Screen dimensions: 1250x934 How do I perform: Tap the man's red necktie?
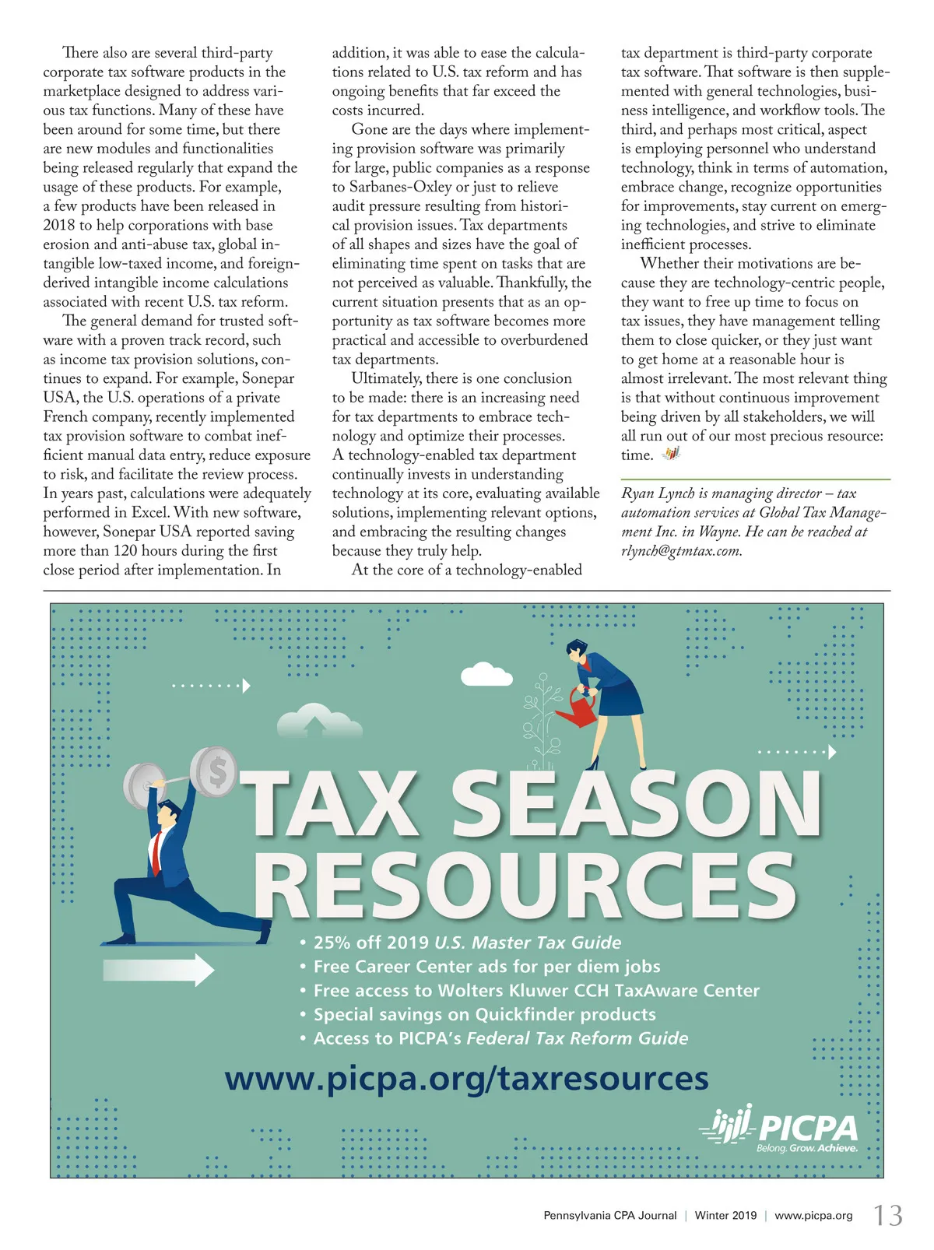pyautogui.click(x=157, y=852)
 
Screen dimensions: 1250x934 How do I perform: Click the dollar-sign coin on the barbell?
pyautogui.click(x=215, y=771)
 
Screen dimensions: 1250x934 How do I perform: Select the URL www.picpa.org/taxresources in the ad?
pyautogui.click(x=466, y=1078)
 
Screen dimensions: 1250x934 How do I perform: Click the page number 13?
pyautogui.click(x=887, y=1216)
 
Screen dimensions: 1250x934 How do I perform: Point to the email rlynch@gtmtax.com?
pyautogui.click(x=681, y=551)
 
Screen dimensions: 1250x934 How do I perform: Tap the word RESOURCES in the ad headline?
pyautogui.click(x=525, y=886)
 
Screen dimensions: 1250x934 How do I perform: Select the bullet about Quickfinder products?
pyautogui.click(x=484, y=1014)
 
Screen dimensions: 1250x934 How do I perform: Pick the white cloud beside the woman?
pyautogui.click(x=486, y=672)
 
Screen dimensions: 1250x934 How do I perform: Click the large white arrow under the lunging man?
pyautogui.click(x=159, y=969)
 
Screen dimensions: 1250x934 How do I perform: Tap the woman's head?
pyautogui.click(x=577, y=648)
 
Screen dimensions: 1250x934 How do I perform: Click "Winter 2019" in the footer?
pyautogui.click(x=725, y=1216)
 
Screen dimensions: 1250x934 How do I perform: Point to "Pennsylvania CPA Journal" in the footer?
pyautogui.click(x=609, y=1216)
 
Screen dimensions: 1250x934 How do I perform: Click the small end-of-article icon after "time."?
pyautogui.click(x=671, y=454)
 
